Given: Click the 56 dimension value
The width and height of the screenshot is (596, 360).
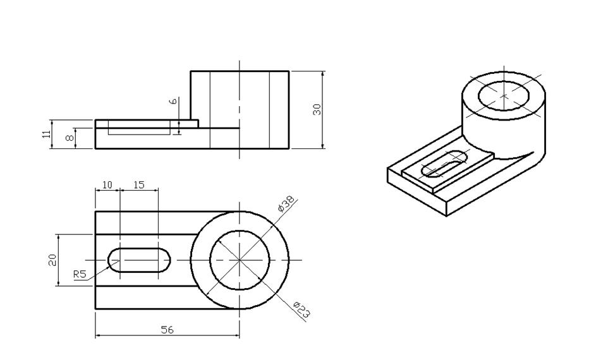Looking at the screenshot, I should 167,330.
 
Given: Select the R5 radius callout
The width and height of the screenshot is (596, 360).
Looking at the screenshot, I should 80,274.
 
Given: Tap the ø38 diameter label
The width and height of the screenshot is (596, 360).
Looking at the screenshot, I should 286,206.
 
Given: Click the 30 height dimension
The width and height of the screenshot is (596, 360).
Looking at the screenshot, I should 317,109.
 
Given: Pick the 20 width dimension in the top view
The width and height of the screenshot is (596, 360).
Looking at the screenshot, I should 53,260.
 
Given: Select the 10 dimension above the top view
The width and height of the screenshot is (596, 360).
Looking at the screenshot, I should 107,185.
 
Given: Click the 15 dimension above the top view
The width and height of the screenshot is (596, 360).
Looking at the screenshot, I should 138,185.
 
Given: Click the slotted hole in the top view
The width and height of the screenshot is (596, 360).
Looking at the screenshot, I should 139,260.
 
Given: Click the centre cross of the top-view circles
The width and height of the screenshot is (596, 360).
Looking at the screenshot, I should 240,260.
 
